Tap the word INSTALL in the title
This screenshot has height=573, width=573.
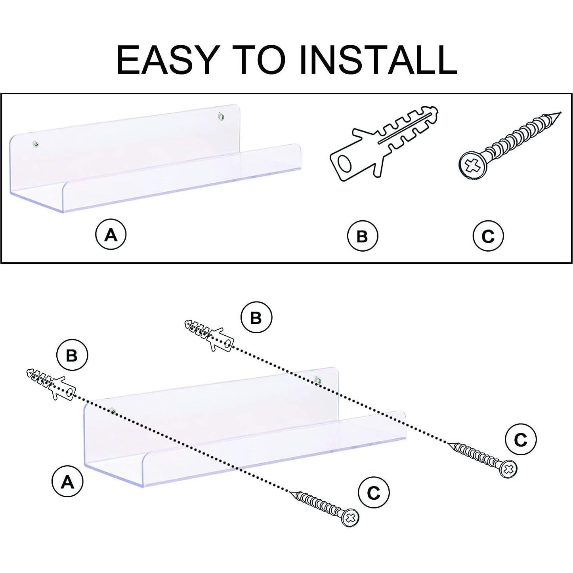click(x=378, y=59)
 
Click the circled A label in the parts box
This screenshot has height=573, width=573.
click(x=111, y=235)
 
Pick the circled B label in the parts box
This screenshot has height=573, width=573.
click(x=363, y=236)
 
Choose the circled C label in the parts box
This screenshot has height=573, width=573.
click(x=488, y=236)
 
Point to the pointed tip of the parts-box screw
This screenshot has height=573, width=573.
click(x=560, y=113)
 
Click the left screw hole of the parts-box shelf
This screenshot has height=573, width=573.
click(x=36, y=144)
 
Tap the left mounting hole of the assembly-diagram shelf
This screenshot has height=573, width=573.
click(x=113, y=411)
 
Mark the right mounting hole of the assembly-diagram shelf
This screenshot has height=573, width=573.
click(x=317, y=380)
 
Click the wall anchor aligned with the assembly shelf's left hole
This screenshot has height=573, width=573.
click(x=52, y=384)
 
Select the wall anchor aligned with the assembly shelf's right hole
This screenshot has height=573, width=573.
click(x=209, y=335)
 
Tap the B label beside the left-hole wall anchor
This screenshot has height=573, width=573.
click(x=72, y=355)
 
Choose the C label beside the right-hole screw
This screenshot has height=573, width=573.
click(x=521, y=439)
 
